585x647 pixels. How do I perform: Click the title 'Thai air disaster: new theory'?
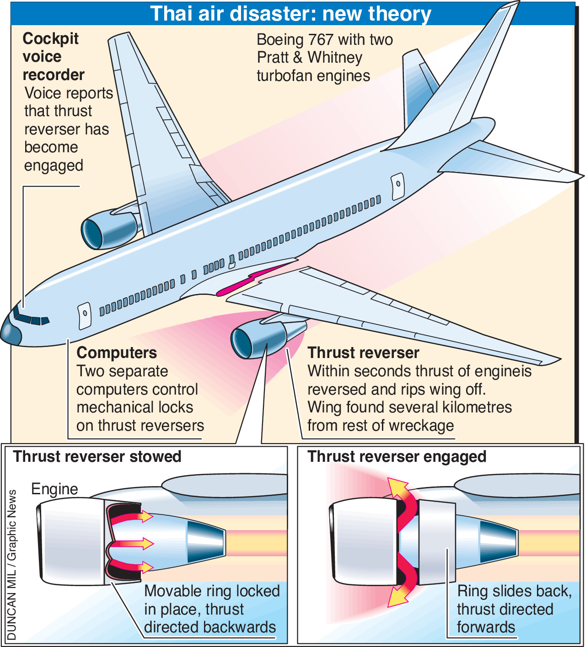pyautogui.click(x=291, y=14)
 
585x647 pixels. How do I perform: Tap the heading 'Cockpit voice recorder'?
pyautogui.click(x=53, y=57)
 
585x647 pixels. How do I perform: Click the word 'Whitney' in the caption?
pyautogui.click(x=335, y=58)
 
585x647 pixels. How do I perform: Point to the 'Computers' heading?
pyautogui.click(x=117, y=353)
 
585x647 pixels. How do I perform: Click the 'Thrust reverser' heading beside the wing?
pyautogui.click(x=363, y=353)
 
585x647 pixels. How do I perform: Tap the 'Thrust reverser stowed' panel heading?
pyautogui.click(x=97, y=456)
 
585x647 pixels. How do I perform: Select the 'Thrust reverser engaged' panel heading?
pyautogui.click(x=397, y=456)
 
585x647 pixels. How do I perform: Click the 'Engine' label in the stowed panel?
pyautogui.click(x=54, y=489)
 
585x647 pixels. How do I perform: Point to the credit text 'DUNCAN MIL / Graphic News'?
pyautogui.click(x=12, y=565)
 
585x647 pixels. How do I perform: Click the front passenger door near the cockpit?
pyautogui.click(x=85, y=316)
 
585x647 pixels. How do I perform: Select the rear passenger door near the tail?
pyautogui.click(x=397, y=186)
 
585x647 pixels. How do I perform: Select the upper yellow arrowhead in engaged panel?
pyautogui.click(x=397, y=488)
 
